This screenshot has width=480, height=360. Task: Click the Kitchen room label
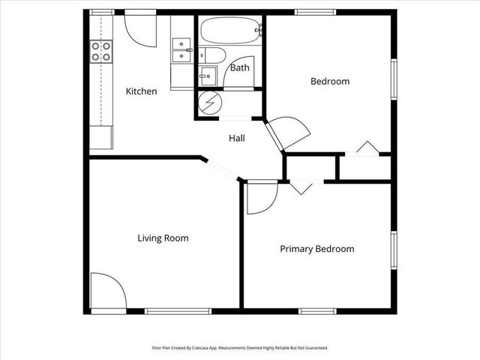click(x=141, y=91)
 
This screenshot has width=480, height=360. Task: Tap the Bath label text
click(x=240, y=67)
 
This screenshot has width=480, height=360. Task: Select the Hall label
click(x=237, y=138)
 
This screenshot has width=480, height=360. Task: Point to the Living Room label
click(x=163, y=238)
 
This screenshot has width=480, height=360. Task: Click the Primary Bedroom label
click(x=317, y=249)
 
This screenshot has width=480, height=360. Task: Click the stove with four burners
click(x=101, y=51)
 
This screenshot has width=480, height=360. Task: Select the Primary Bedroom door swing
click(x=262, y=197)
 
